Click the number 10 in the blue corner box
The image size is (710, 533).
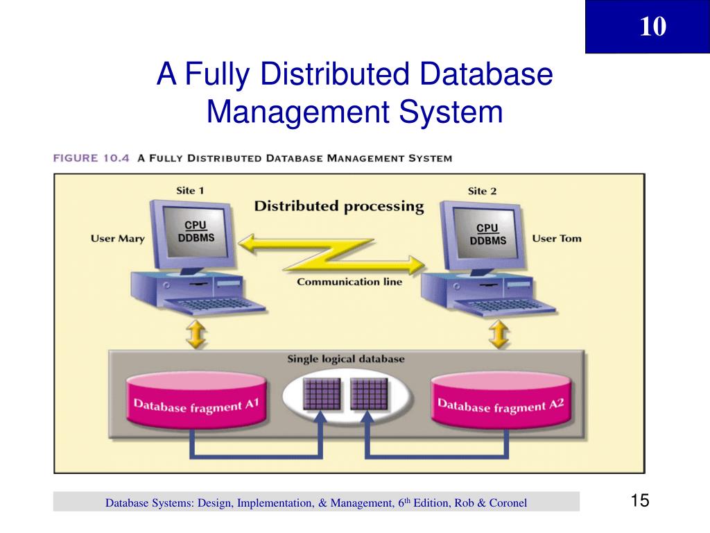point(652,27)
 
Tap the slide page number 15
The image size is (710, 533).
point(639,501)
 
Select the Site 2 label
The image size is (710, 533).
point(483,191)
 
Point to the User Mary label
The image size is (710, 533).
point(118,239)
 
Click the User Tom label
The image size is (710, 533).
point(556,239)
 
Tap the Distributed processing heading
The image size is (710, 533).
point(338,206)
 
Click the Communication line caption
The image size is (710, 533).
point(349,282)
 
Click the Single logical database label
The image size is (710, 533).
point(346,359)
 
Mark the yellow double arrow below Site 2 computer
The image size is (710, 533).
point(498,336)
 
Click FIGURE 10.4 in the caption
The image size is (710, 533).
point(92,158)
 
